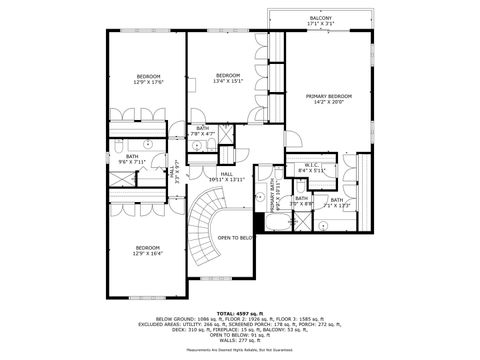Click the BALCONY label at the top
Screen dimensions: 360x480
click(x=321, y=18)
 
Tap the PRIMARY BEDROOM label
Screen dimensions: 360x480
click(x=329, y=95)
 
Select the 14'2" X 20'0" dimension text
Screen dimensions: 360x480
click(x=329, y=102)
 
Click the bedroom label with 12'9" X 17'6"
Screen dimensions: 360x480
click(x=148, y=77)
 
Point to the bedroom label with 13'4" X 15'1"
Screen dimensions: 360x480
click(x=228, y=75)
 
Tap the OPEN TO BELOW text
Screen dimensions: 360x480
click(x=235, y=238)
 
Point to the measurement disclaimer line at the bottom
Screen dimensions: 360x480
click(x=240, y=349)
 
